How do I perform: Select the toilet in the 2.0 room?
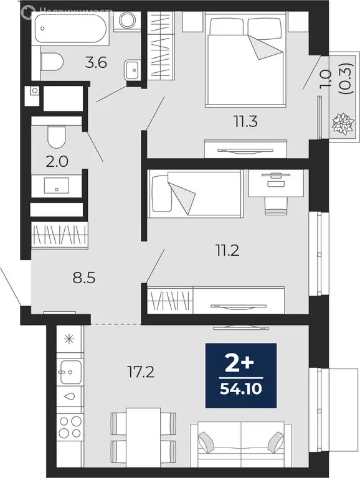coord(57,136)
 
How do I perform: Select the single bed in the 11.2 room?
coord(194,194)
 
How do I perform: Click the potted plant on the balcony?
coord(342,123)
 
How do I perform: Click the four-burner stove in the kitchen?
coord(68,429)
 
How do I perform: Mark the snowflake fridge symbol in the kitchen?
coord(68,340)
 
